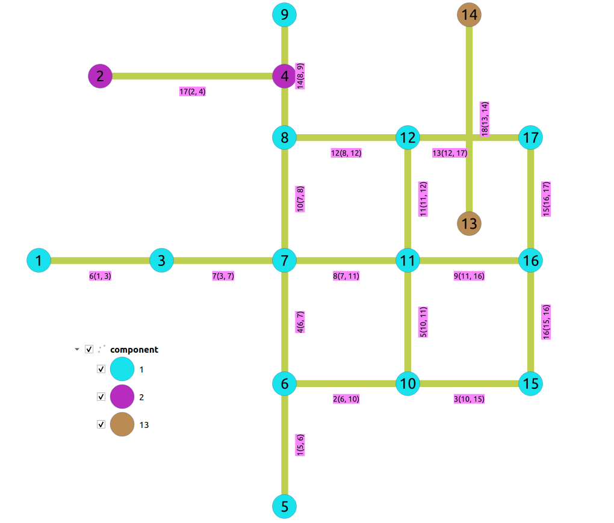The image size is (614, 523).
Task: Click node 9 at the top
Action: [x=285, y=14]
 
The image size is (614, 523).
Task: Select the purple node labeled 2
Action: [x=101, y=76]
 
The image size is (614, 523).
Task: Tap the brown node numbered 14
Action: [x=470, y=14]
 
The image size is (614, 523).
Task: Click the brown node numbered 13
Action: [x=470, y=224]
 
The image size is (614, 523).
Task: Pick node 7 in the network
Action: [x=285, y=261]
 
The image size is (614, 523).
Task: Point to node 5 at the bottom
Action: [x=285, y=506]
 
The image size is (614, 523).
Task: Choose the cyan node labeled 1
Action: [x=39, y=261]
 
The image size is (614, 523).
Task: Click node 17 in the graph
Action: [x=531, y=138]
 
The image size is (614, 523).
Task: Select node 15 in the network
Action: [x=531, y=383]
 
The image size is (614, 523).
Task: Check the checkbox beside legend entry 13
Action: [x=101, y=424]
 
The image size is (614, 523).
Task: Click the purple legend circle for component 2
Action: [x=122, y=397]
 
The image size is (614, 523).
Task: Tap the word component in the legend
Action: [x=134, y=349]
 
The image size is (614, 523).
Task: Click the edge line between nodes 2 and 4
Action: [x=193, y=76]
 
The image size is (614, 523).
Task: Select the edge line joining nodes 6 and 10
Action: [x=346, y=383]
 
